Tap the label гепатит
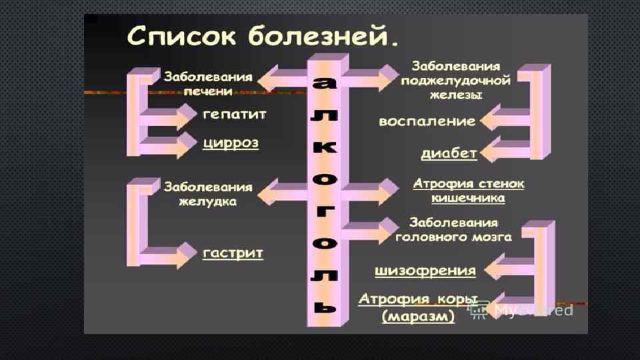pyautogui.click(x=235, y=115)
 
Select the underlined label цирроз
pyautogui.click(x=230, y=144)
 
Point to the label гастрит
pyautogui.click(x=233, y=253)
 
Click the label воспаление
pyautogui.click(x=427, y=122)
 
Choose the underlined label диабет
pyautogui.click(x=449, y=153)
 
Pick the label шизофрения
pyautogui.click(x=426, y=271)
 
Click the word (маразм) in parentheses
pyautogui.click(x=418, y=317)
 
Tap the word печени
pyautogui.click(x=208, y=90)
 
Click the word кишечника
pyautogui.click(x=468, y=198)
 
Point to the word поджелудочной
pyautogui.click(x=455, y=81)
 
